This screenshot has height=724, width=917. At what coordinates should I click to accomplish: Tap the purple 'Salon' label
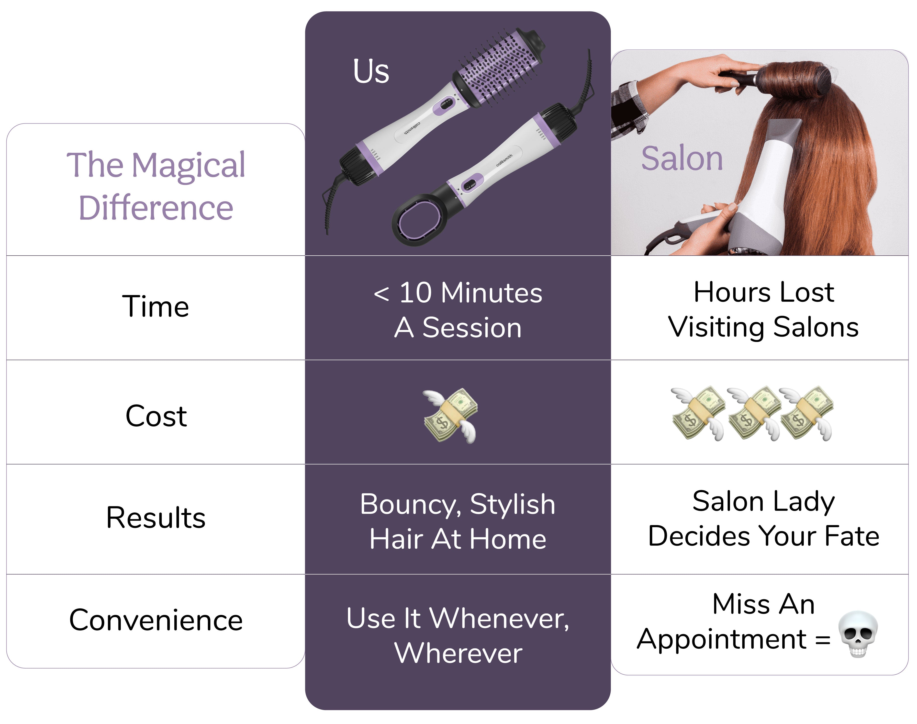coord(682,158)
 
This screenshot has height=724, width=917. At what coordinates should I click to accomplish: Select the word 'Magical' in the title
coord(188,166)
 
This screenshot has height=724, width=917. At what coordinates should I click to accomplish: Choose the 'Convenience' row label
coord(156,620)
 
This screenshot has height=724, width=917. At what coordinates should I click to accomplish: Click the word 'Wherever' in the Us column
coord(458,653)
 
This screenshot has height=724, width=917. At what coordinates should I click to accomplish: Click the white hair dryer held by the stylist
coord(767,191)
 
